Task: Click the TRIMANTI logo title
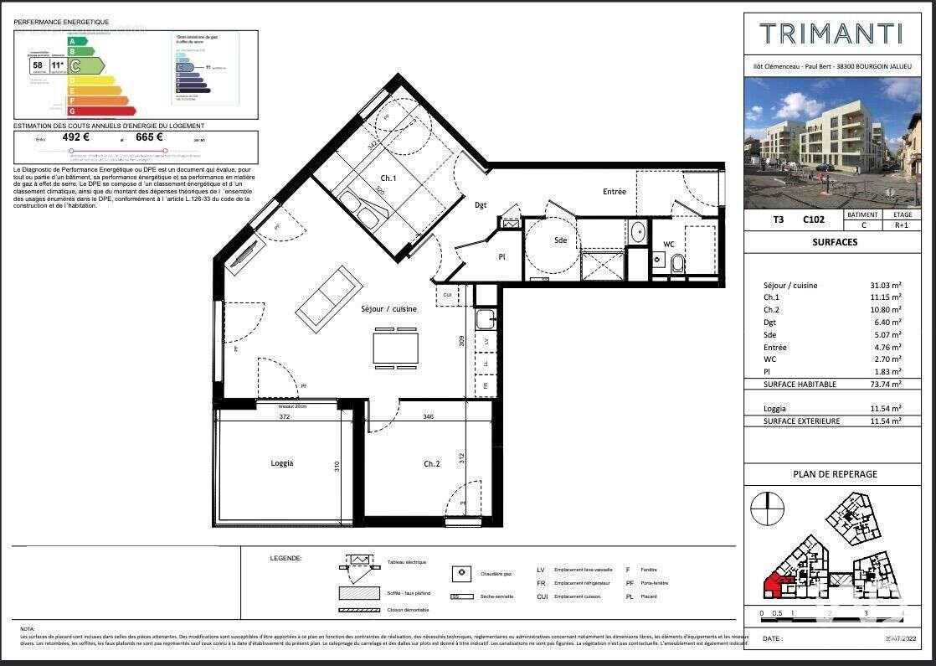(830, 34)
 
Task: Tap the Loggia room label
(282, 463)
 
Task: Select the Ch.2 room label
(431, 463)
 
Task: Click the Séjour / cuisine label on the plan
(388, 309)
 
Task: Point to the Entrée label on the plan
(614, 192)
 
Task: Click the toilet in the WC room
(677, 264)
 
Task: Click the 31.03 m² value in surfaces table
(885, 286)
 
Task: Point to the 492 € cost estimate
(76, 138)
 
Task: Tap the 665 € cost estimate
(148, 138)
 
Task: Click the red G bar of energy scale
(102, 111)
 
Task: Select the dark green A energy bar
(78, 41)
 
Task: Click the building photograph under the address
(820, 142)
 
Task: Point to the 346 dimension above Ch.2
(428, 416)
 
